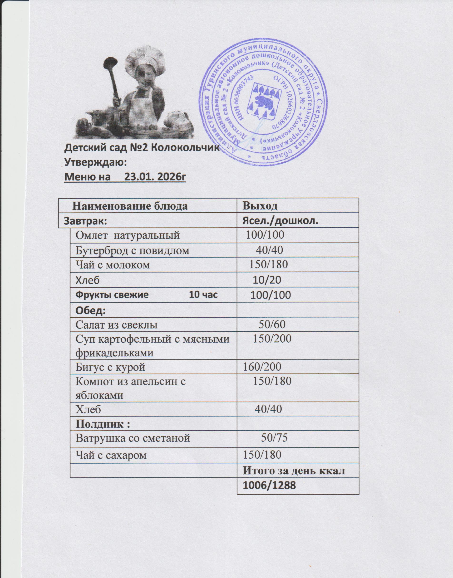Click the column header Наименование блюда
click(130, 206)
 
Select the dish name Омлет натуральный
click(128, 235)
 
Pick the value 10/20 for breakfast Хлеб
click(267, 280)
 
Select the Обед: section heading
click(91, 310)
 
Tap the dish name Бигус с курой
click(110, 367)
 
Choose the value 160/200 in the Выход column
click(262, 367)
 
